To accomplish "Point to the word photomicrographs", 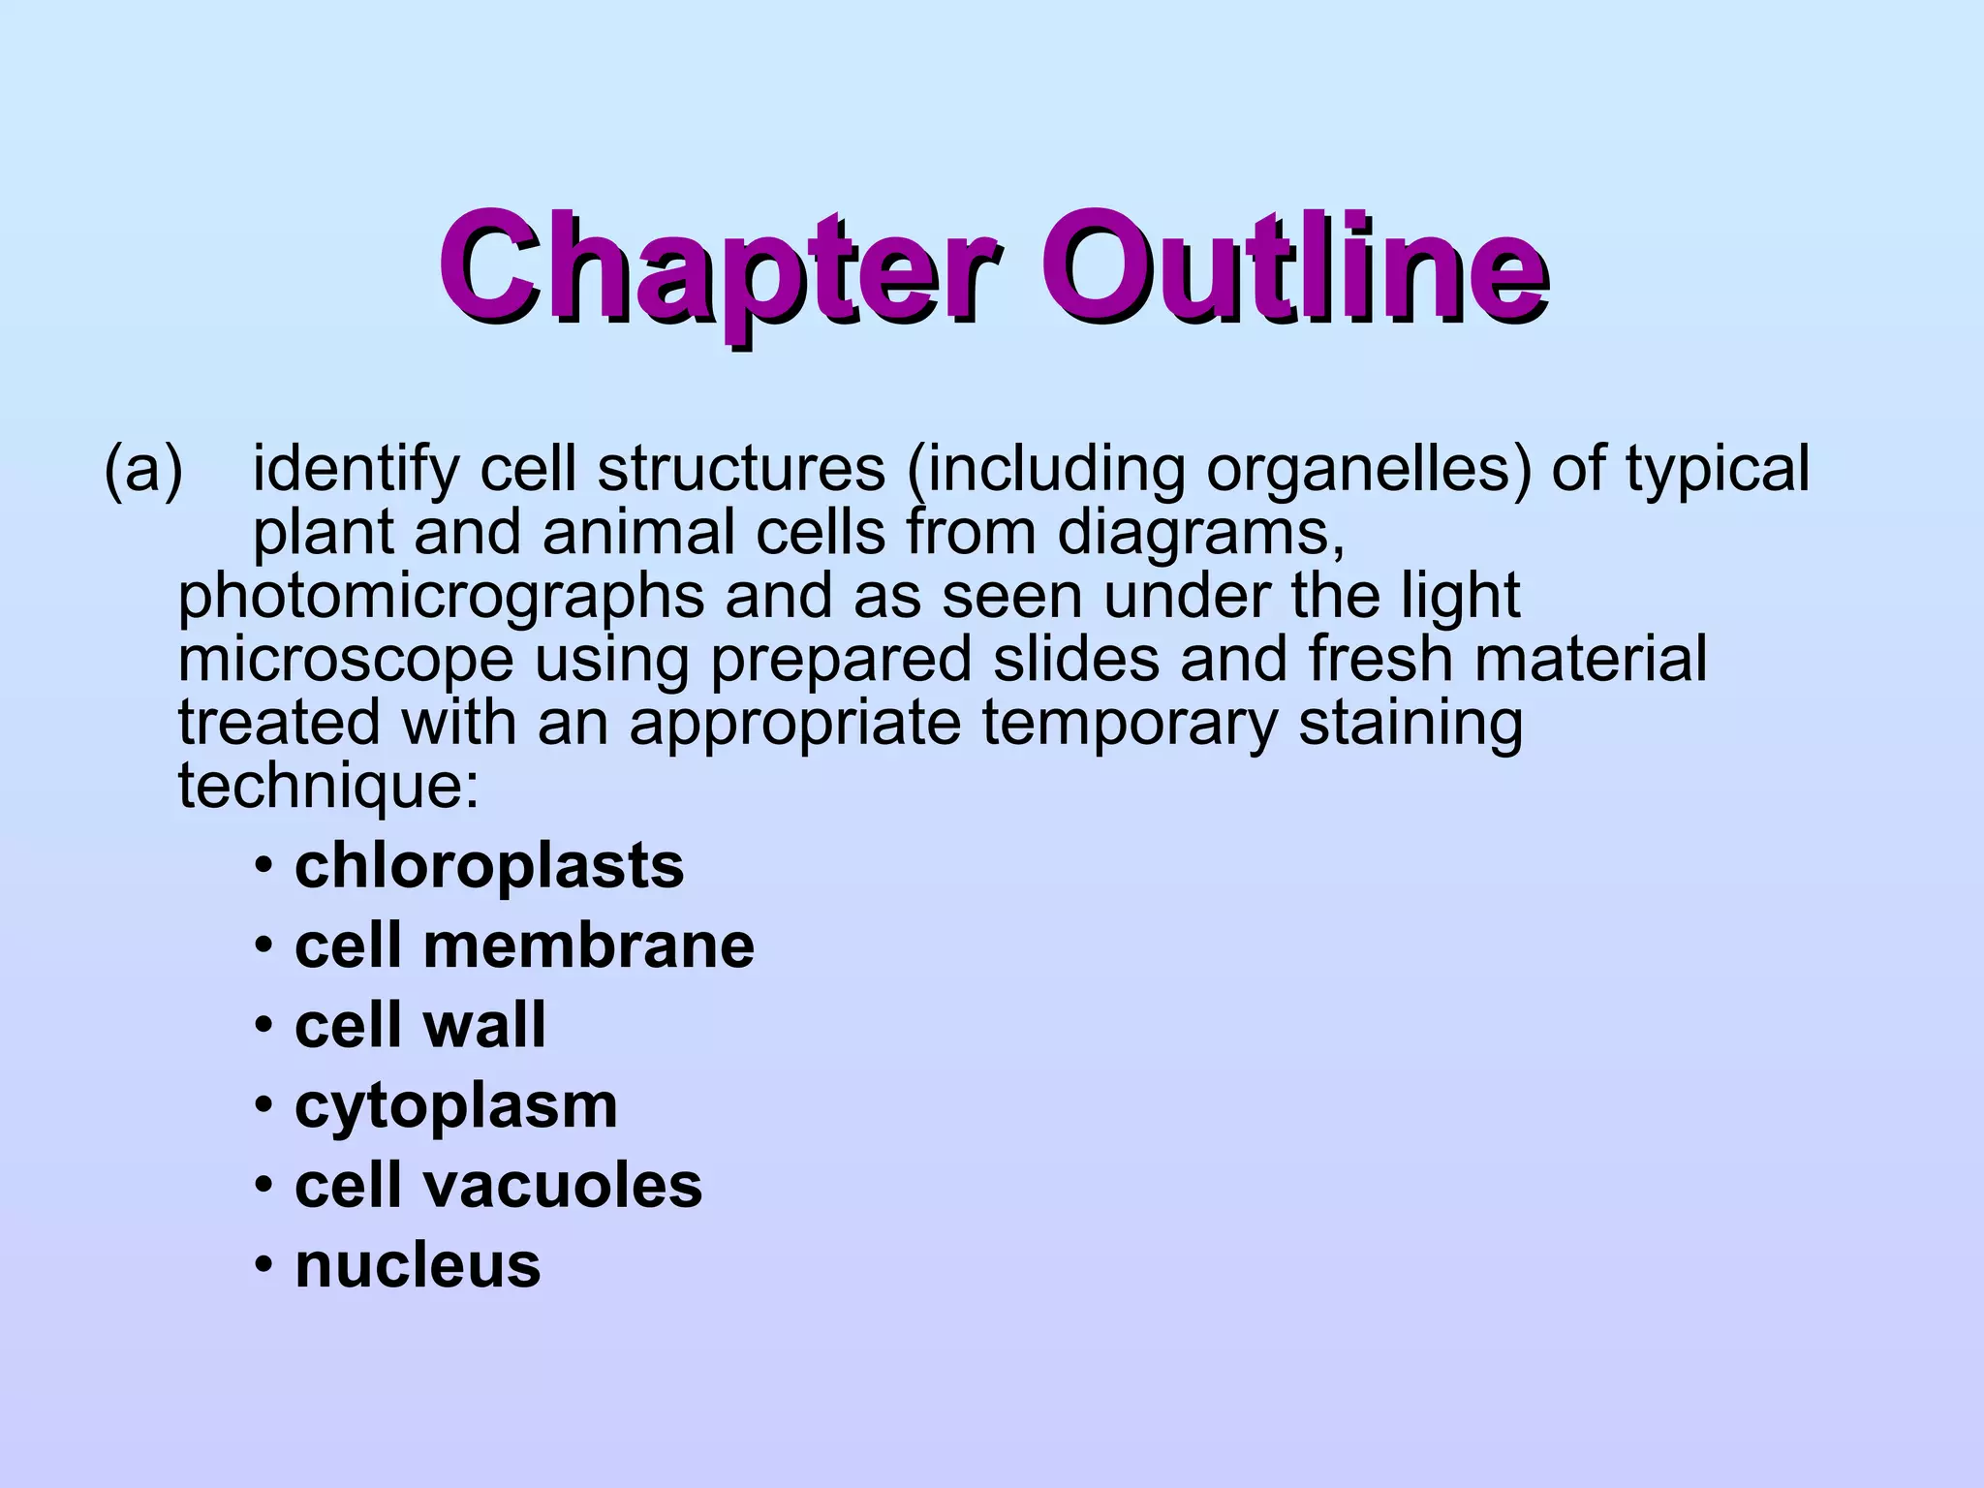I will tap(441, 597).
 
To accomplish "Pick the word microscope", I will tap(345, 661).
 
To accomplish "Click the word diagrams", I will tap(1200, 533).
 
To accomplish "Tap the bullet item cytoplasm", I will tap(455, 1106).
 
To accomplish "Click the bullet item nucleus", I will tap(418, 1265).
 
